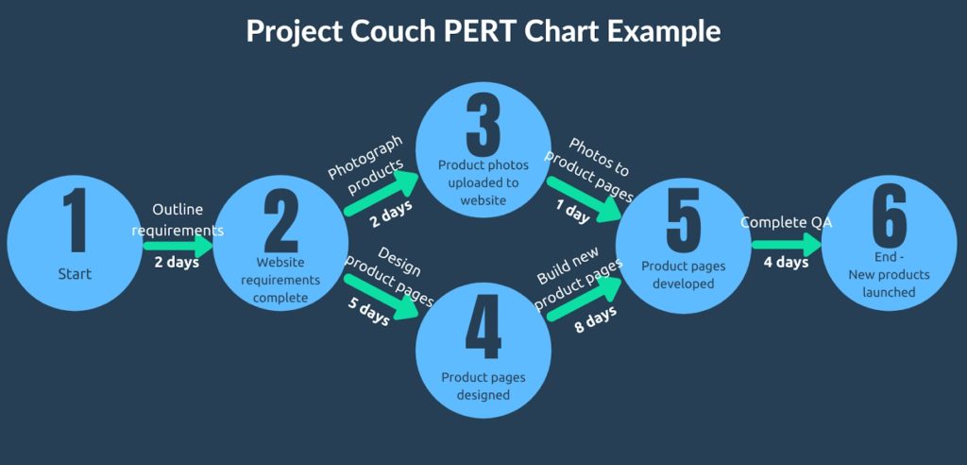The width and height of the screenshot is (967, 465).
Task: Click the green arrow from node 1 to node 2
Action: coord(178,244)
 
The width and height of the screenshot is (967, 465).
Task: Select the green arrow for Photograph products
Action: coord(382,193)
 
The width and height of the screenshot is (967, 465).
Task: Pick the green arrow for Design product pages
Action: coord(382,295)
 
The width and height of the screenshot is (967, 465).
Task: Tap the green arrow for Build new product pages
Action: coord(585,297)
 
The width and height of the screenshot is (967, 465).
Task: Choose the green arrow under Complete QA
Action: coord(786,243)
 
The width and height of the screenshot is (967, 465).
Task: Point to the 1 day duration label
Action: coord(570,215)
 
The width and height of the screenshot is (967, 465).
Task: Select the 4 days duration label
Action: coord(786,262)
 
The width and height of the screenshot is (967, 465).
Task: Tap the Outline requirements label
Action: coord(178,219)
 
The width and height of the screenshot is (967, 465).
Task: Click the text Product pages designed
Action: coord(483,386)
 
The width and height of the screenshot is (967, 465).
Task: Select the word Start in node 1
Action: coord(76,274)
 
